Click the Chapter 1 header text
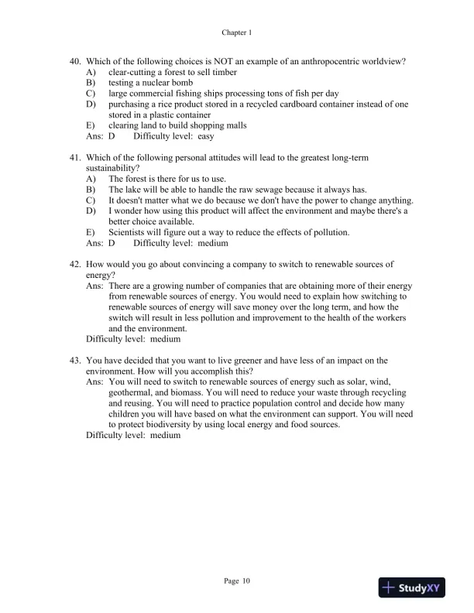(237, 33)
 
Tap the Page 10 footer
(237, 580)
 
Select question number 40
(76, 61)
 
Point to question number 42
(76, 264)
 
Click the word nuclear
(146, 82)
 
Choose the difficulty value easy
(206, 135)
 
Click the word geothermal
(132, 392)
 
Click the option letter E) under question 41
(91, 232)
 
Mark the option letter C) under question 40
(91, 93)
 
